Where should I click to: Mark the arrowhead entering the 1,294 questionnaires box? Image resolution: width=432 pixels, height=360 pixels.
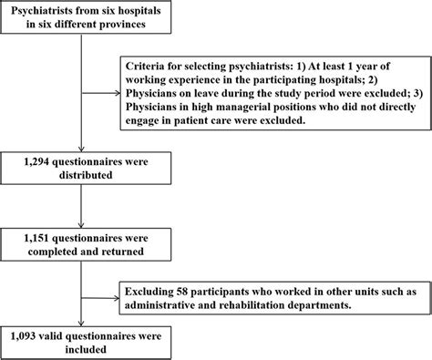pos(82,147)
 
